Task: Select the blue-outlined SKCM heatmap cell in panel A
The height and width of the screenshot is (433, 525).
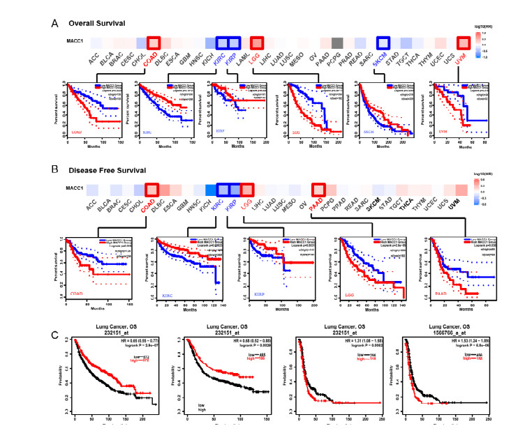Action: point(383,43)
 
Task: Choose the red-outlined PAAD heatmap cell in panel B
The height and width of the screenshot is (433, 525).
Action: point(318,189)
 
